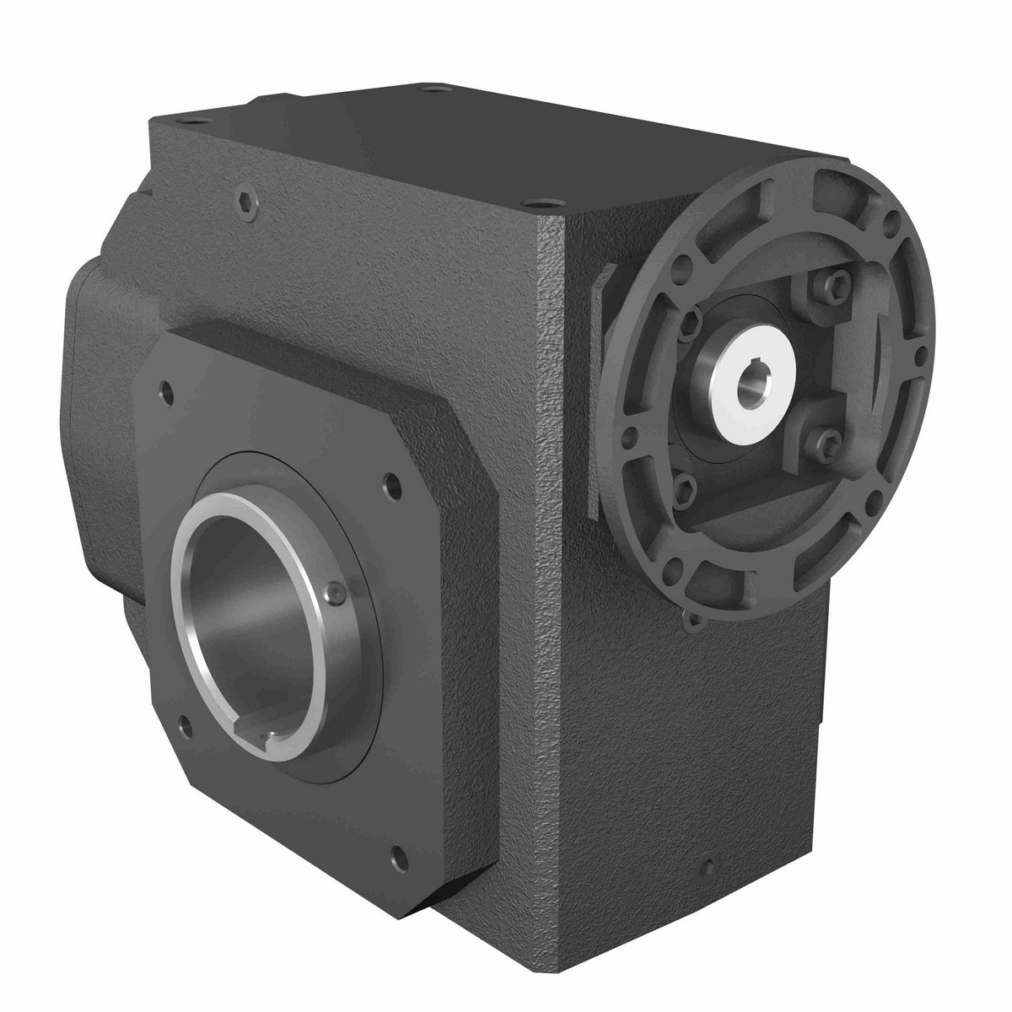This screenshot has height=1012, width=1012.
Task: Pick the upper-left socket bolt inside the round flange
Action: (693, 318)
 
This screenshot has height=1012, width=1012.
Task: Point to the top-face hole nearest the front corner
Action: (534, 202)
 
